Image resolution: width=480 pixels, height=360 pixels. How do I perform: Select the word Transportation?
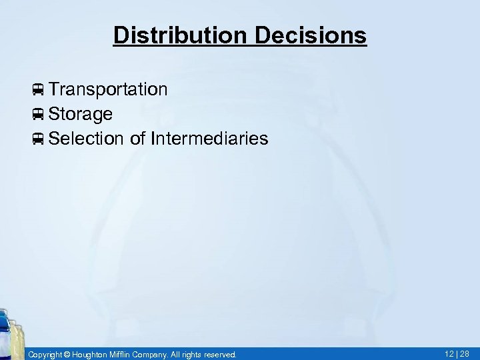[107, 89]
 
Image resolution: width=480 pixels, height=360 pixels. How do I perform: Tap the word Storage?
[80, 114]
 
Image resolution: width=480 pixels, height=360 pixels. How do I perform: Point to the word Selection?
[86, 139]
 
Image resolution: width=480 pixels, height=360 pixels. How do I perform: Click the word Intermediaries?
[210, 139]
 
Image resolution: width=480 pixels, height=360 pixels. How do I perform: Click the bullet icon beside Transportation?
[38, 90]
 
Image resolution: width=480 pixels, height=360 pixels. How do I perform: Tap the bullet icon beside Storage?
[38, 115]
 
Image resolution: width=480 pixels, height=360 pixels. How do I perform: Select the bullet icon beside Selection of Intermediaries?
[38, 139]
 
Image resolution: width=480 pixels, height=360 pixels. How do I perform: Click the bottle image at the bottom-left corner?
[12, 333]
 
